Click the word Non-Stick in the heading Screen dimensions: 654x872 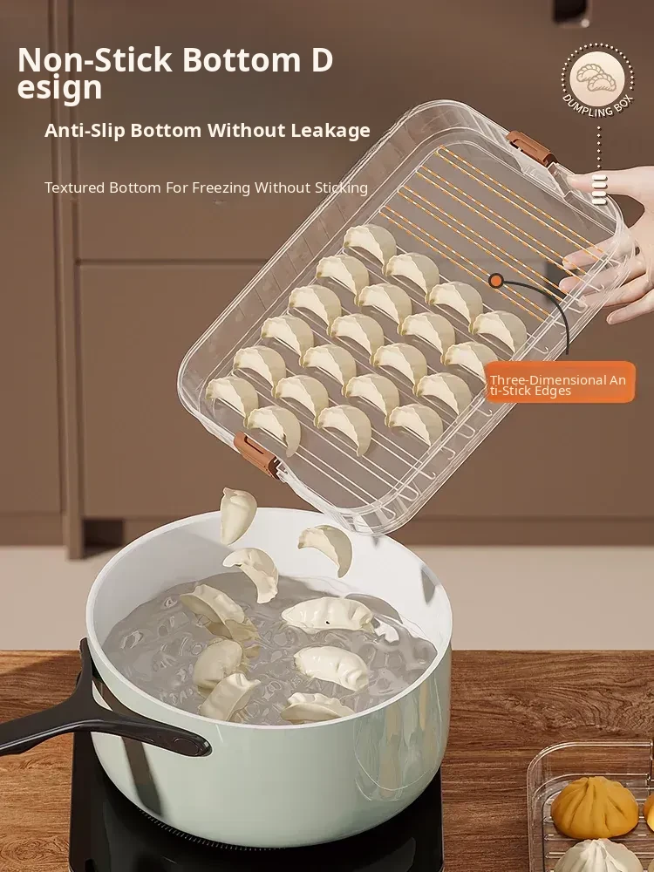click(x=94, y=59)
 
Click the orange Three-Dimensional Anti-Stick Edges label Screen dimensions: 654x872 click(x=559, y=382)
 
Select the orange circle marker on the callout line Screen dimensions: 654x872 click(x=496, y=281)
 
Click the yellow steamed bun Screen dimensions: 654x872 click(x=595, y=807)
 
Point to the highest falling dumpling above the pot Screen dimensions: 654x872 click(x=237, y=515)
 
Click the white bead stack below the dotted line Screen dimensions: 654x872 click(x=599, y=189)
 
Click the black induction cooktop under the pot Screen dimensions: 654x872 click(x=255, y=835)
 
